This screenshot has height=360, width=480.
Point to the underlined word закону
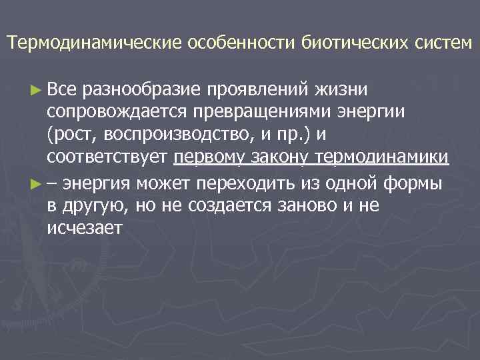click(279, 158)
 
